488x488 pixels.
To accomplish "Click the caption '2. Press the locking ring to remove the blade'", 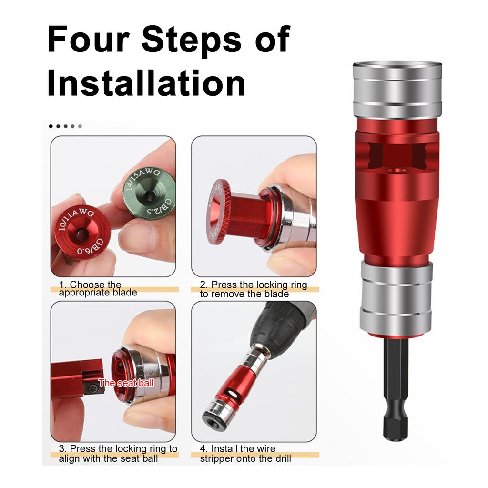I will click(253, 289).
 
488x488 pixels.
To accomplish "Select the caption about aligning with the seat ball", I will click(118, 453).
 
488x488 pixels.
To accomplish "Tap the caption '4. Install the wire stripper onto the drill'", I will click(245, 453).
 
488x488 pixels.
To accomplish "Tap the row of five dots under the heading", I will click(65, 126).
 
